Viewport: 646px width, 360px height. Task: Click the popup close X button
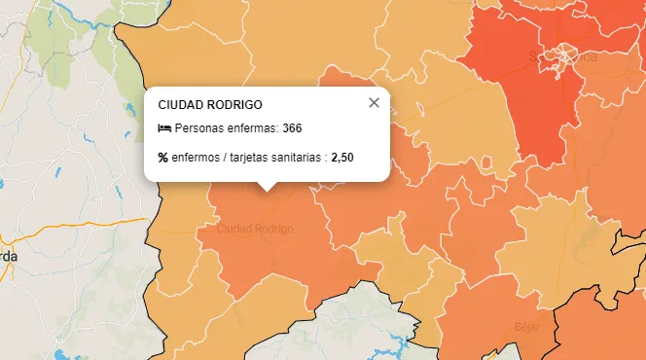[x=374, y=103]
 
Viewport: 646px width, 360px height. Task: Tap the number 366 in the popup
[x=293, y=128]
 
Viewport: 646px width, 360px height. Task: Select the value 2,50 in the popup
[x=342, y=157]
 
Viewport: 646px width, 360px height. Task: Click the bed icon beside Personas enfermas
[x=164, y=128]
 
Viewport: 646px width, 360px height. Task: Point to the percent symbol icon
[x=163, y=157]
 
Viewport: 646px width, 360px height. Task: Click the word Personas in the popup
[x=198, y=128]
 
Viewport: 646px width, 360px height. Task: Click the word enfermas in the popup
[x=251, y=128]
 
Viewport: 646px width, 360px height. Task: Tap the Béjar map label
[x=527, y=326]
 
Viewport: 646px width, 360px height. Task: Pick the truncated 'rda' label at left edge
[x=8, y=256]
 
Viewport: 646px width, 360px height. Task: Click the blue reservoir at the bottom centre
[x=398, y=342]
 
